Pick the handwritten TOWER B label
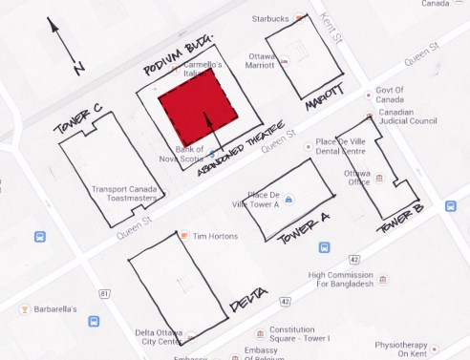click(398, 222)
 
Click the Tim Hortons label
click(214, 235)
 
